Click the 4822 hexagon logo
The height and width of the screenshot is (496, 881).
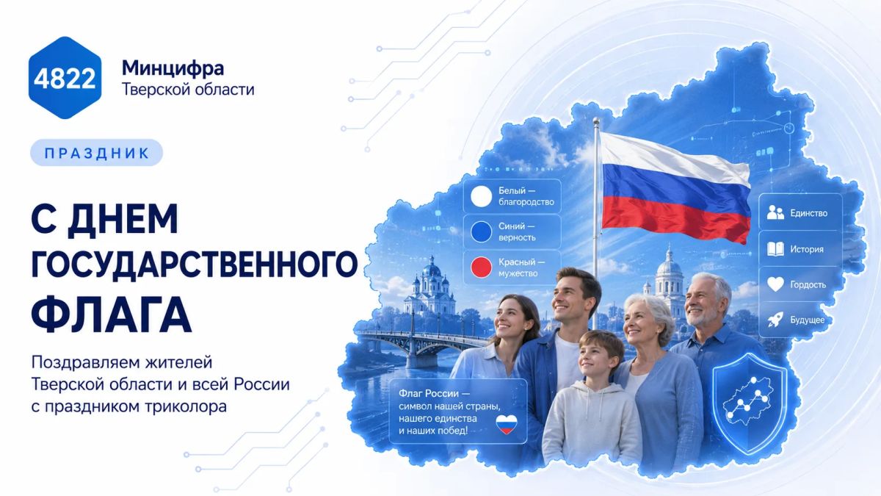(x=65, y=78)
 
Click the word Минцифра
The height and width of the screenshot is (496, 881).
(x=173, y=68)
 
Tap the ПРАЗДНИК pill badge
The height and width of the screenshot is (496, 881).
(x=96, y=153)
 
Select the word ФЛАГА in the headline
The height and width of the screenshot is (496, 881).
(x=112, y=315)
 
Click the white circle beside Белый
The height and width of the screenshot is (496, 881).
(x=482, y=196)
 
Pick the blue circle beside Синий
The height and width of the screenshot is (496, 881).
(x=482, y=231)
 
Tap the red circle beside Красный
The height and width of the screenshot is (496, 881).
(x=482, y=267)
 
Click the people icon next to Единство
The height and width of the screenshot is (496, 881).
(x=775, y=212)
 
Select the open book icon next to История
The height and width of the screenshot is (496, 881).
(x=775, y=249)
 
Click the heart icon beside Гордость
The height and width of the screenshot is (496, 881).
(x=775, y=284)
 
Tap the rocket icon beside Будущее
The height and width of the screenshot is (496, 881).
(x=775, y=320)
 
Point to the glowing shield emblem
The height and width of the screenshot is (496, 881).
(x=750, y=404)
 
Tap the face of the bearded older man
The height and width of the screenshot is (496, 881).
(x=701, y=302)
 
